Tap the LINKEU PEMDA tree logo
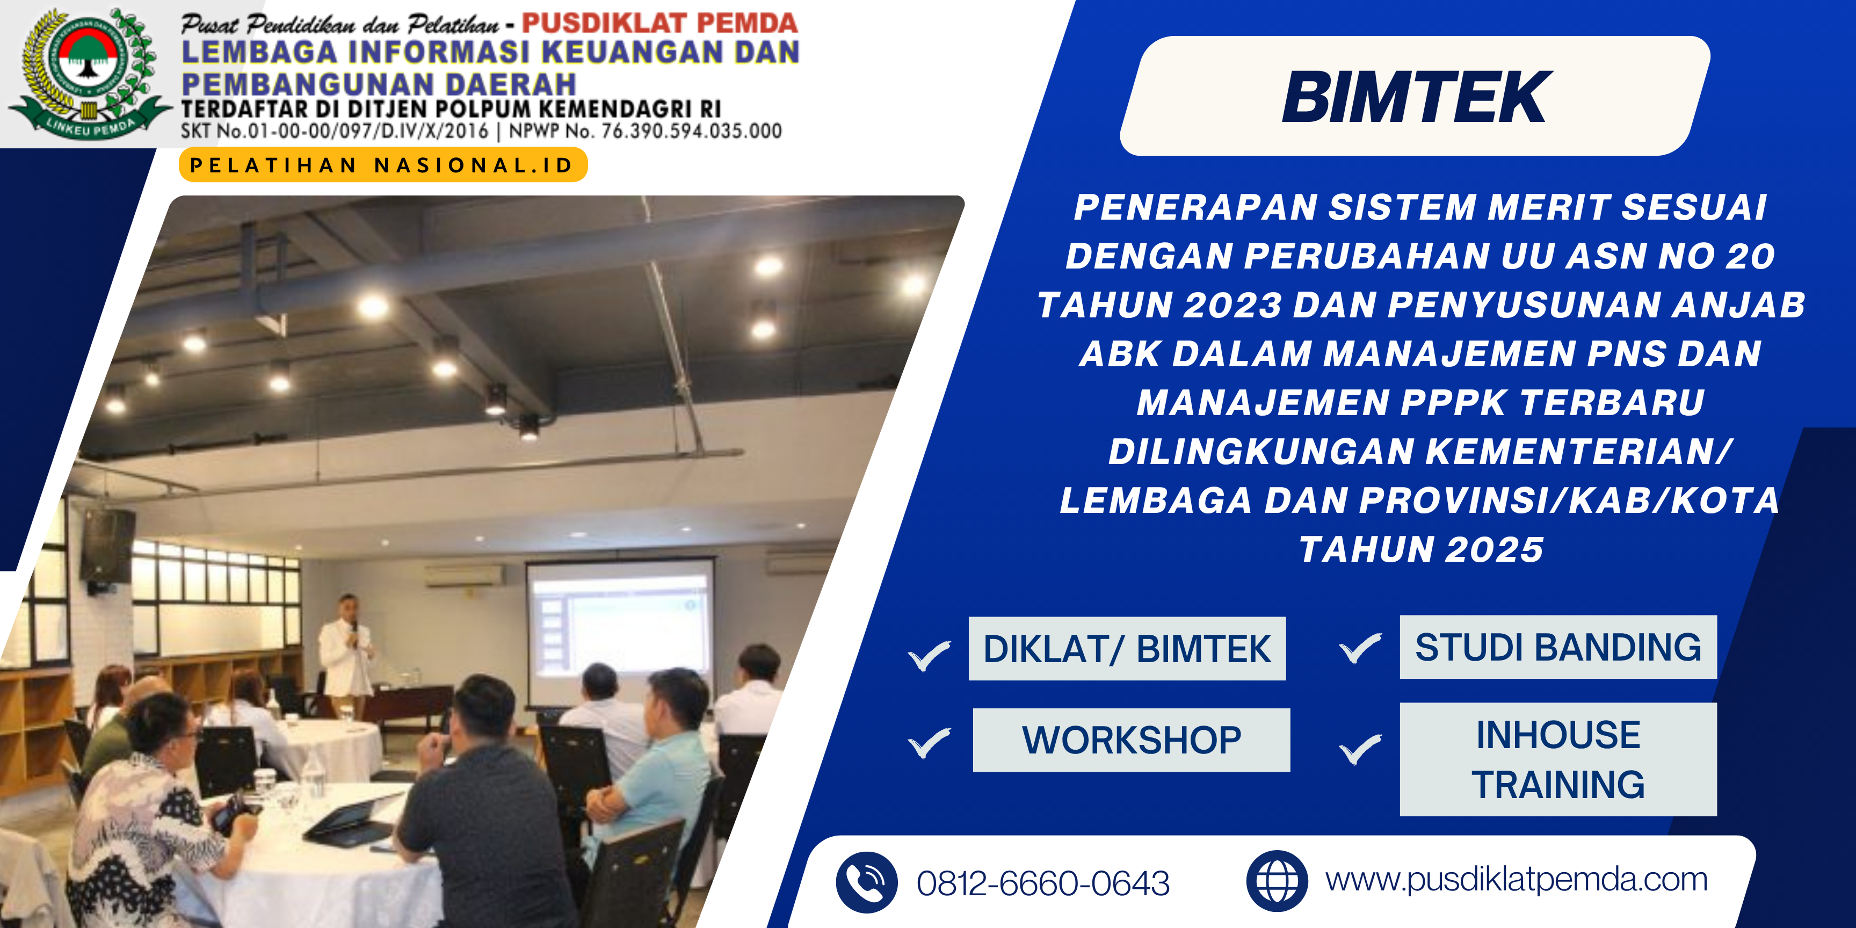88,74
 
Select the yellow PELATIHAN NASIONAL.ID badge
382,165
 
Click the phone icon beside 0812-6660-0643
867,882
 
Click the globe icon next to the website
1277,880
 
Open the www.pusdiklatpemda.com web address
1517,880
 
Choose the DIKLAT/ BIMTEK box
1127,648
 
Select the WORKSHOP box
1131,740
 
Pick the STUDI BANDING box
1558,647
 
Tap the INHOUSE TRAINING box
1558,759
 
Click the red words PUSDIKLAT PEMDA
659,23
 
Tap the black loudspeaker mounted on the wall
108,546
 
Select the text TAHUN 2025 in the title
1421,550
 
